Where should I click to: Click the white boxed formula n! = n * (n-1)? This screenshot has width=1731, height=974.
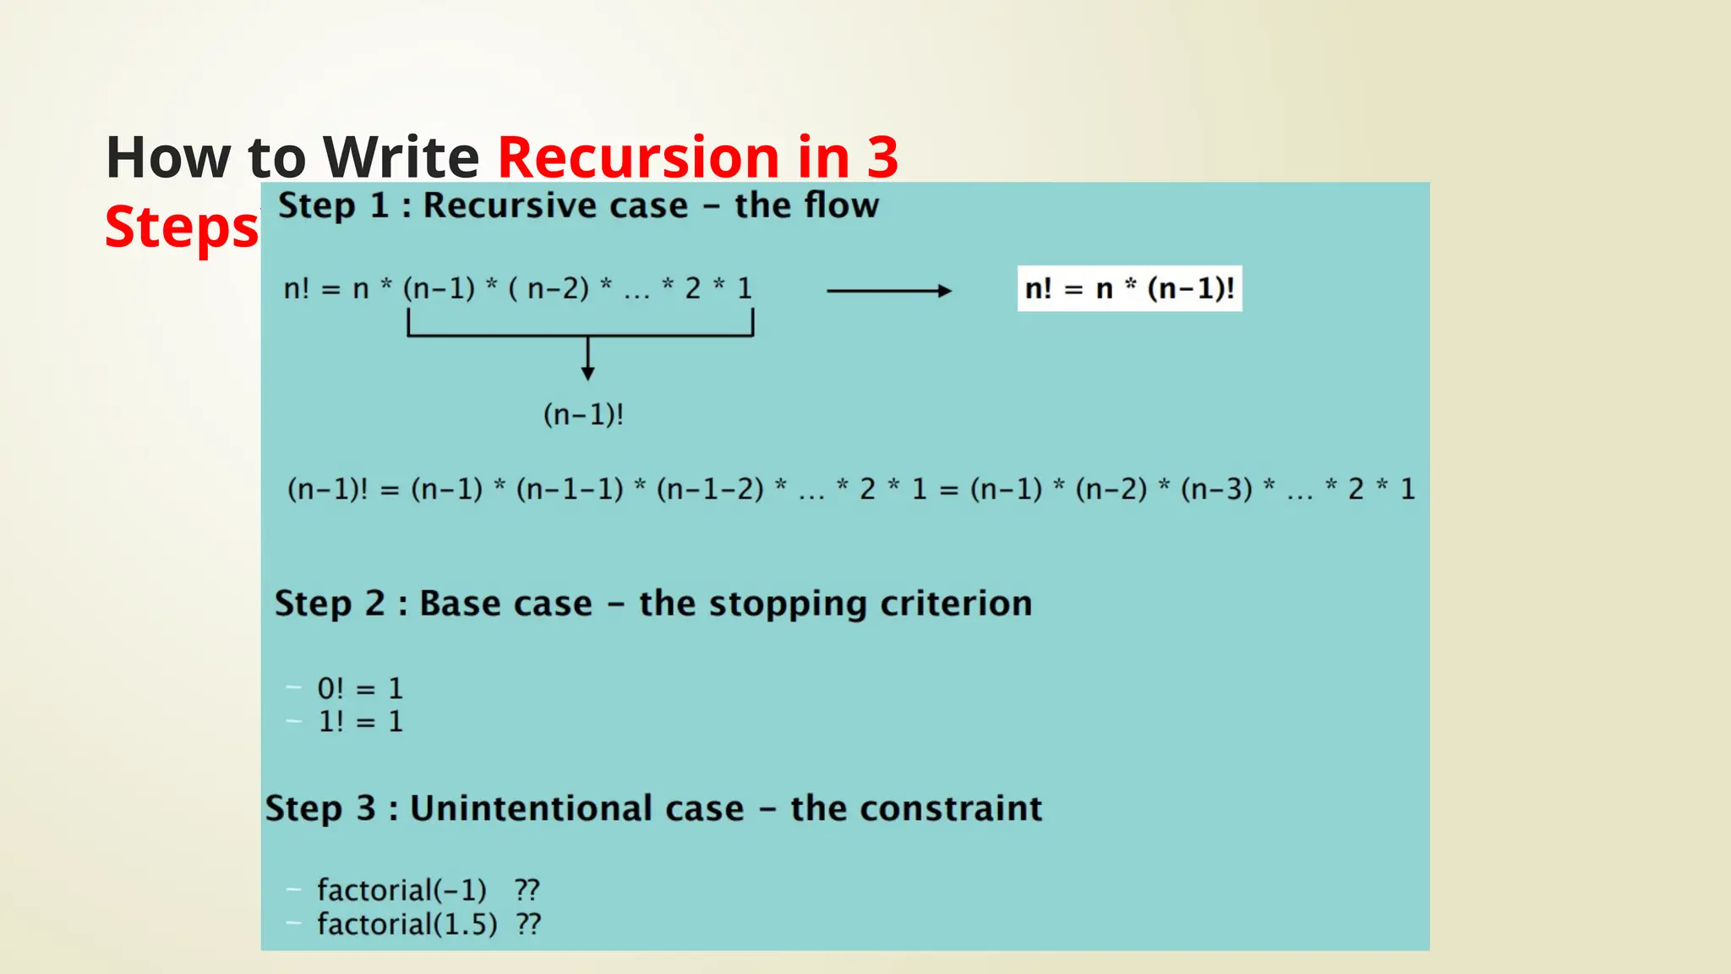click(1129, 289)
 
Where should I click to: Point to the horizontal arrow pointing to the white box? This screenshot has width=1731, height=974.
click(888, 291)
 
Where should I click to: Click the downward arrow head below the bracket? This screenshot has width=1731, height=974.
click(588, 373)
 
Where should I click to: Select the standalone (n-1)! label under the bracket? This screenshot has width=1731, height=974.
click(583, 415)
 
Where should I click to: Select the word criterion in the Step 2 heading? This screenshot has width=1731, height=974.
click(956, 604)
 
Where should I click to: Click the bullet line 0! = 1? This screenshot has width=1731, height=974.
click(360, 688)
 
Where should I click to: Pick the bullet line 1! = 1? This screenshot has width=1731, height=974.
click(360, 721)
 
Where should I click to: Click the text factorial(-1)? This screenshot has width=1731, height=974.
click(401, 889)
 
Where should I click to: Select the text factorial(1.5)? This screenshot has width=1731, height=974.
click(407, 924)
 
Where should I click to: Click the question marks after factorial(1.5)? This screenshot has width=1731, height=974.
click(528, 924)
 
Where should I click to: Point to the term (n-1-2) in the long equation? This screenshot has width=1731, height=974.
click(710, 489)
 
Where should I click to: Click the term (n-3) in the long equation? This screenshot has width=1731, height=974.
click(1216, 489)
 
